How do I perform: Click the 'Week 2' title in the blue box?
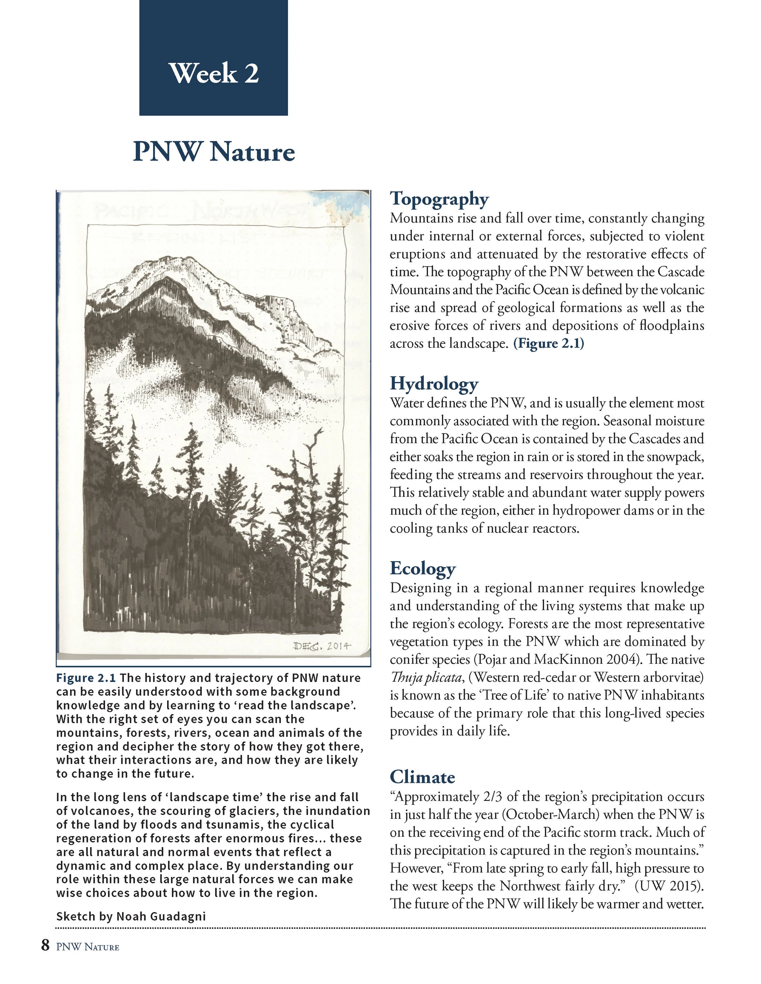point(214,73)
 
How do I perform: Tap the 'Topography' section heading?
point(439,199)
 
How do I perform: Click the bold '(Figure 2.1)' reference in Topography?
point(549,343)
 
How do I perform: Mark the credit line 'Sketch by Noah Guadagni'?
point(131,916)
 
